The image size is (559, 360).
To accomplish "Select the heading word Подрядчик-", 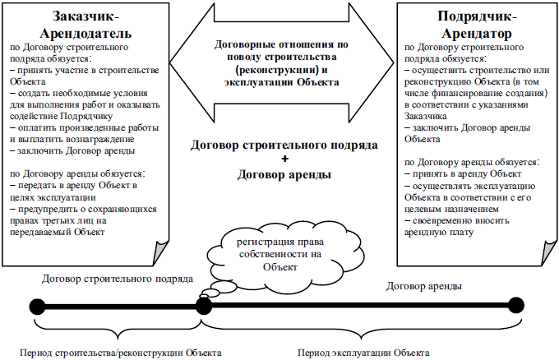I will (x=471, y=16).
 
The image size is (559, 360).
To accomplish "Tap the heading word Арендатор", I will (x=471, y=32).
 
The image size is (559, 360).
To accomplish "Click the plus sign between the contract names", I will (x=284, y=159).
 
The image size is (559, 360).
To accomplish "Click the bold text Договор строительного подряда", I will (x=284, y=145).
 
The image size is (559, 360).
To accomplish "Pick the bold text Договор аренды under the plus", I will (x=284, y=174).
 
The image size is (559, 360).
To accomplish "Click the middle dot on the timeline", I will (x=203, y=306).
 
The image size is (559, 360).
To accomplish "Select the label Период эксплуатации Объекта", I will (x=363, y=353).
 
